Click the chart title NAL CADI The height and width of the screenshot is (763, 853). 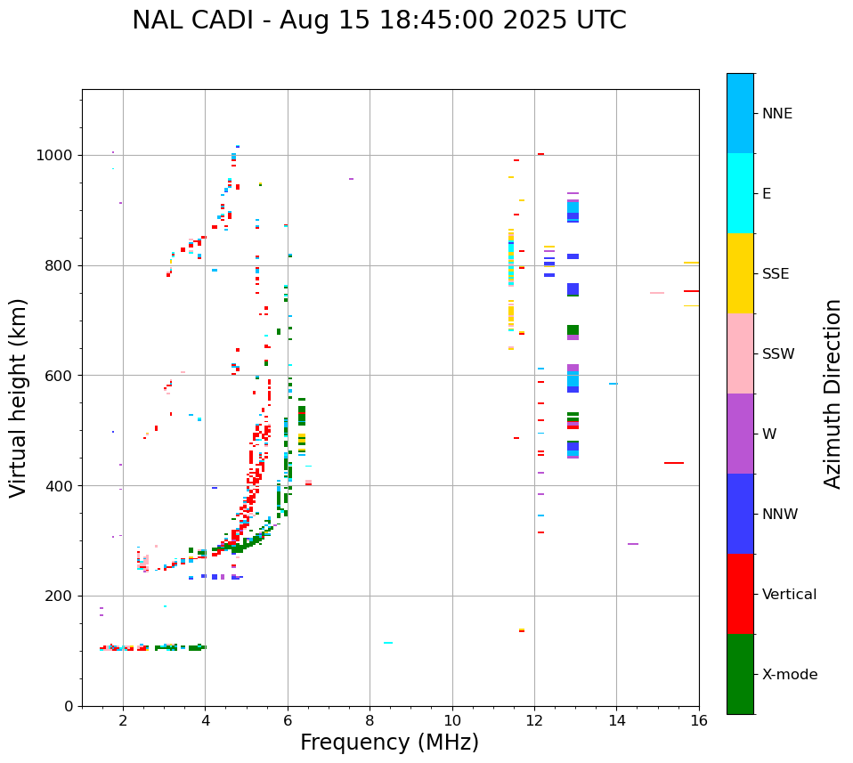[378, 20]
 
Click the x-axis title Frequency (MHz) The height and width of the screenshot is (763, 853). [389, 743]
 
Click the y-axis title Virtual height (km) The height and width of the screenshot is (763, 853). [19, 397]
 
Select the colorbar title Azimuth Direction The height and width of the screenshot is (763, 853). [833, 394]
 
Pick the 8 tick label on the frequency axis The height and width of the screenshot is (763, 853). [370, 720]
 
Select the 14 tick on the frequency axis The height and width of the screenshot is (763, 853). [616, 720]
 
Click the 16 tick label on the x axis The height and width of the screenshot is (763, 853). [699, 720]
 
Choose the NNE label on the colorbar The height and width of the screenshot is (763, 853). [776, 114]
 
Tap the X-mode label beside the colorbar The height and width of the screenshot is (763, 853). [789, 675]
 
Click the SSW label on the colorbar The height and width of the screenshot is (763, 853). [778, 354]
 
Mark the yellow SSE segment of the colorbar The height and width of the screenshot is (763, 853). [740, 272]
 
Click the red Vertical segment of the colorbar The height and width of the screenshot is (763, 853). [740, 593]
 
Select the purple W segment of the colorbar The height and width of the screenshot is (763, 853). [740, 433]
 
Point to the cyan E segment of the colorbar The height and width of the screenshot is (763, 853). [740, 192]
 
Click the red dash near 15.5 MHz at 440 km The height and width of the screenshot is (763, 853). [674, 463]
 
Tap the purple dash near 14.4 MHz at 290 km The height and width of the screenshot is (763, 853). [633, 544]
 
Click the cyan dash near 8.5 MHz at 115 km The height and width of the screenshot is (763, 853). [388, 643]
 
